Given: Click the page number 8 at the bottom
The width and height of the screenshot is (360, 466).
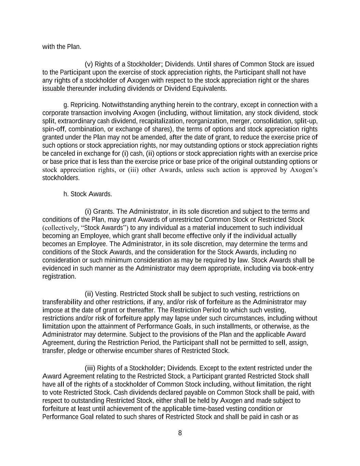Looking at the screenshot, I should click(x=180, y=433).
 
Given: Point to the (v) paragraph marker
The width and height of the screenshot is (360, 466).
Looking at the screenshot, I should click(x=89, y=64).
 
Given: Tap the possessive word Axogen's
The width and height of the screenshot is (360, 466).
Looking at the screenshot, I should click(x=304, y=170).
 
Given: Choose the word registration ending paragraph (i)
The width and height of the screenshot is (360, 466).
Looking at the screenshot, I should click(x=59, y=277).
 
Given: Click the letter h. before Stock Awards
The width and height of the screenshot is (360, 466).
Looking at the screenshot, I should click(x=66, y=194).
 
